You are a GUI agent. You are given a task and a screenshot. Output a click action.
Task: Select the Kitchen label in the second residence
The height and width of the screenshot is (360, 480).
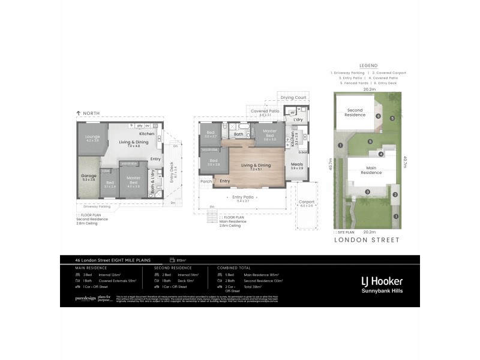coord(147,133)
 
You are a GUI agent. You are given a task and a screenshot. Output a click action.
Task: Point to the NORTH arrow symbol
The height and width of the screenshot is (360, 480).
coord(79,113)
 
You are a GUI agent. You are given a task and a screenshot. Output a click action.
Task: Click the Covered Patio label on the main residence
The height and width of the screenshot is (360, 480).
coord(265,111)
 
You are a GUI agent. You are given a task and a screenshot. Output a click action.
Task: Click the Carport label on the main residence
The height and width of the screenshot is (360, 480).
coord(306,202)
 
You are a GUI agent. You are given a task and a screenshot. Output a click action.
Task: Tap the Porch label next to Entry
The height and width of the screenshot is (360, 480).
coord(205,181)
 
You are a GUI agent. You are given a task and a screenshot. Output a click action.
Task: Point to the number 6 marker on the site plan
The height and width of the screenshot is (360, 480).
coord(370,142)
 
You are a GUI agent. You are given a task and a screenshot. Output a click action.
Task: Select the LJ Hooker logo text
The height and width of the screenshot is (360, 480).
coord(381,280)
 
